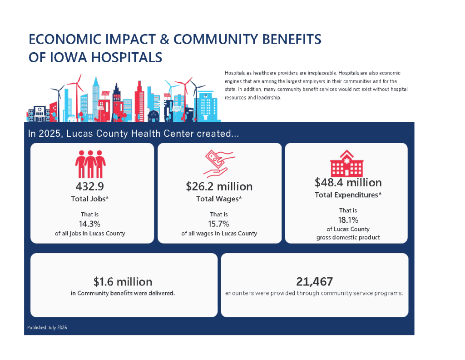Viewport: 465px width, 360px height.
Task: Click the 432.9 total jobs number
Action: [89, 186]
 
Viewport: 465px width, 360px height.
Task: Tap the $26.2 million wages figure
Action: [219, 186]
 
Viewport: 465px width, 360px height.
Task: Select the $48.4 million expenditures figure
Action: [348, 183]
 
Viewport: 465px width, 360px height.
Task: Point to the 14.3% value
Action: [89, 224]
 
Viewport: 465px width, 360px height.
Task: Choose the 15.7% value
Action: [218, 224]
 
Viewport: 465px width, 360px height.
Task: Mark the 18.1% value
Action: [348, 220]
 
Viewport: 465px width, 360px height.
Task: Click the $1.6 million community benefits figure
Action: [123, 282]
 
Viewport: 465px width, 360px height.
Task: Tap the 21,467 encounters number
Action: [314, 282]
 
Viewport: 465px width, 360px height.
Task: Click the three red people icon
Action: [90, 164]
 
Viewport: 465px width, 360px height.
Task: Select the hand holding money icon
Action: [219, 164]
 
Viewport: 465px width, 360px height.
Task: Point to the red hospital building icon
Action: [346, 163]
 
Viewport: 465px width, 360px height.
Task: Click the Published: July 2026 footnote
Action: [47, 328]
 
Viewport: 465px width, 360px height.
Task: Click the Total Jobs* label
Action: [89, 199]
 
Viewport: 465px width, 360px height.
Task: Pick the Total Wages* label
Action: [219, 199]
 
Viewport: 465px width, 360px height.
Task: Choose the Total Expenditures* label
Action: [348, 195]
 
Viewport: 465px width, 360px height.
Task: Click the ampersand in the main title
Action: [164, 39]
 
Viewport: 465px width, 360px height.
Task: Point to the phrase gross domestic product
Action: [348, 237]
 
